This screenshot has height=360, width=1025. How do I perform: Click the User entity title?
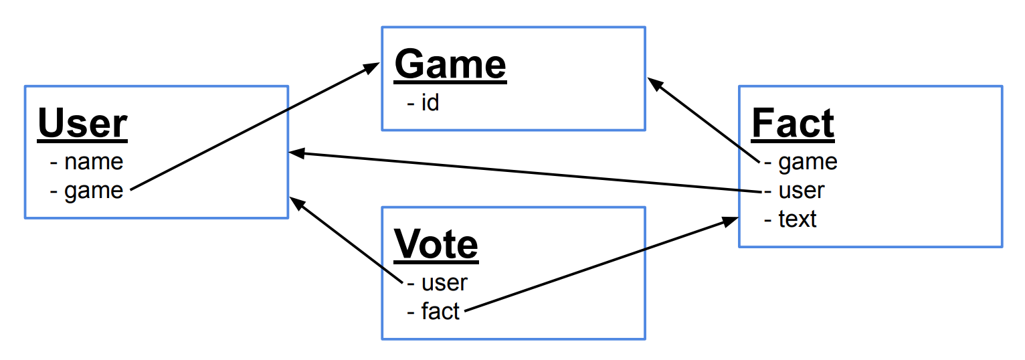tap(82, 124)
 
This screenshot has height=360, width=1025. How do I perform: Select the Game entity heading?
tap(450, 66)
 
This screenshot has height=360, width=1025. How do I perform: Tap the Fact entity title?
tap(794, 124)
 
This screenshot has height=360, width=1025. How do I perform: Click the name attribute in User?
tap(93, 161)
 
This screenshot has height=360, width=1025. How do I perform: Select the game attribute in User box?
tap(93, 191)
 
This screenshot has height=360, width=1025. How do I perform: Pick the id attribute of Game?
tap(429, 103)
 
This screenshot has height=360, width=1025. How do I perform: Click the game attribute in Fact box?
tap(807, 161)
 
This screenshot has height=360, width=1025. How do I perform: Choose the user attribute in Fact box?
tap(801, 191)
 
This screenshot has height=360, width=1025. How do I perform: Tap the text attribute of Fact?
tap(797, 219)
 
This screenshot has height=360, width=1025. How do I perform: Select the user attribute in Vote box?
tap(444, 282)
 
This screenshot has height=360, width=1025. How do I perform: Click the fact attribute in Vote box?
tap(440, 311)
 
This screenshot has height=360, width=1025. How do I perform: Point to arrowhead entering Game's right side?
tap(654, 83)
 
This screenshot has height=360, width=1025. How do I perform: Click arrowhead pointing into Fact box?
tap(731, 221)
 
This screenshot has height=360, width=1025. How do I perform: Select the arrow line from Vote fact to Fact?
tap(595, 266)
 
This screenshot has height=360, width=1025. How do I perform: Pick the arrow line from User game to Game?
tap(251, 127)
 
